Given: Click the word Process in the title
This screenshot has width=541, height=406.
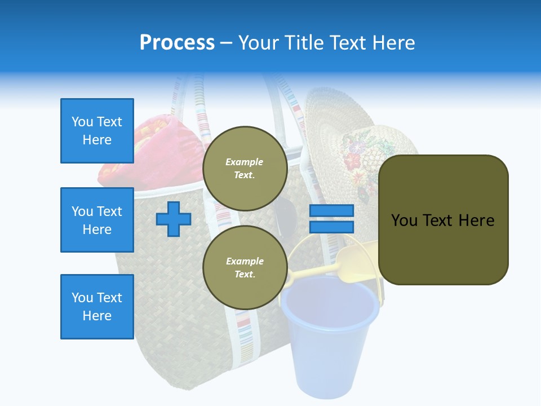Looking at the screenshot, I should [177, 43].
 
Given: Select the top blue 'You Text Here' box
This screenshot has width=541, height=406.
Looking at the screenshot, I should [97, 131].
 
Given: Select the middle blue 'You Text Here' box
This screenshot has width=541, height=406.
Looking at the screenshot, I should [97, 220].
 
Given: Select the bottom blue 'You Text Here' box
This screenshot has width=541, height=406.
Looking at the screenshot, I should [97, 307].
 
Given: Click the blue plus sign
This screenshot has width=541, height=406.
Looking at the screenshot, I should [174, 219].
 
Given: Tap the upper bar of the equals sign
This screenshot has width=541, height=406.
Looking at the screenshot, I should [331, 210].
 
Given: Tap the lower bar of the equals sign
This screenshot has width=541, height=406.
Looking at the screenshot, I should [331, 227].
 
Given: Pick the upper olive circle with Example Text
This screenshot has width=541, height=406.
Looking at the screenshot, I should [245, 169].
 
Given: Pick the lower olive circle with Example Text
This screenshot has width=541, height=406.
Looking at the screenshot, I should [245, 268].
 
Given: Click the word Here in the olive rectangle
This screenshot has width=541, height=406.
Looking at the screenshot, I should [476, 220].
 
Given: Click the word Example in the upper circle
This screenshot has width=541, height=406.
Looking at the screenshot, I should [245, 162].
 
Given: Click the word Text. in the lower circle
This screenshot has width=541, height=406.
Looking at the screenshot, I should [245, 275].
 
